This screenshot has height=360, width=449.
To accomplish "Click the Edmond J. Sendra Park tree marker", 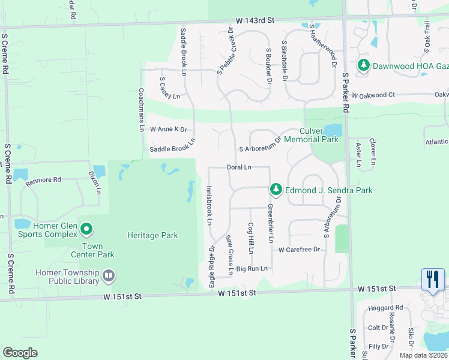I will (x=276, y=190).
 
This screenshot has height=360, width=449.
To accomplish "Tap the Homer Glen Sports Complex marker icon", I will (x=86, y=229).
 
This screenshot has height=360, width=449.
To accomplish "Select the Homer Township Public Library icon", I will (x=109, y=276).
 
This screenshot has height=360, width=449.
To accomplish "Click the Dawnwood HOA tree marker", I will (x=363, y=65).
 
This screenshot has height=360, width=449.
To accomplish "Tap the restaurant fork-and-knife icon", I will (x=432, y=279).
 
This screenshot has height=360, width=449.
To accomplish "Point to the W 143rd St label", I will (x=255, y=20).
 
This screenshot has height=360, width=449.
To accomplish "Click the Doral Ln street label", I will (x=239, y=167).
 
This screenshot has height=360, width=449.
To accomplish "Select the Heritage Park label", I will (x=152, y=236).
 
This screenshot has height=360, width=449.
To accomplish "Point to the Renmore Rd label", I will (x=49, y=179).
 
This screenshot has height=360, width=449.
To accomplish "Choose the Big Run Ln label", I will (x=252, y=269).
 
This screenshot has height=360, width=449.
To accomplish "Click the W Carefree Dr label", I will (x=300, y=249).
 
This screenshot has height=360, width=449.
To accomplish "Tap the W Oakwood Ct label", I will (x=373, y=95).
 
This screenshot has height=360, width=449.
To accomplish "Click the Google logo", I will (x=20, y=353).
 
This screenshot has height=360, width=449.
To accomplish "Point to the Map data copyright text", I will (x=423, y=355).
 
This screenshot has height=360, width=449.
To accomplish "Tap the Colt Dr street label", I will (x=378, y=328).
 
